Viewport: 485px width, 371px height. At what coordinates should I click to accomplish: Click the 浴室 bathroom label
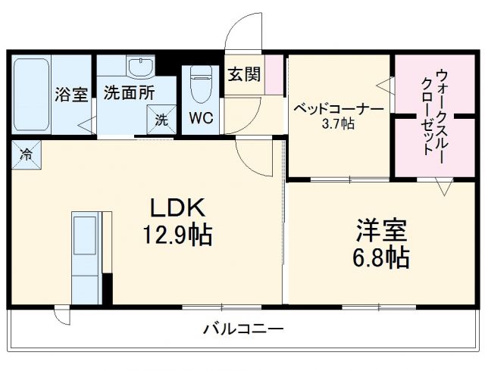coord(72,95)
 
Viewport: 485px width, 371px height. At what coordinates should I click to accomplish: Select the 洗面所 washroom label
coord(129,95)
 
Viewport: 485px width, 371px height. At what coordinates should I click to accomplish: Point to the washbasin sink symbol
coord(141,67)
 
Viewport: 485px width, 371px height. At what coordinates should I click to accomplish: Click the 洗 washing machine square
coord(161,119)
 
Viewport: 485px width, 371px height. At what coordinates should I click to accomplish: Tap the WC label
coord(201,118)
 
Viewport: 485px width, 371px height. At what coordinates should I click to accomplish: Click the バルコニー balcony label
coord(242,329)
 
